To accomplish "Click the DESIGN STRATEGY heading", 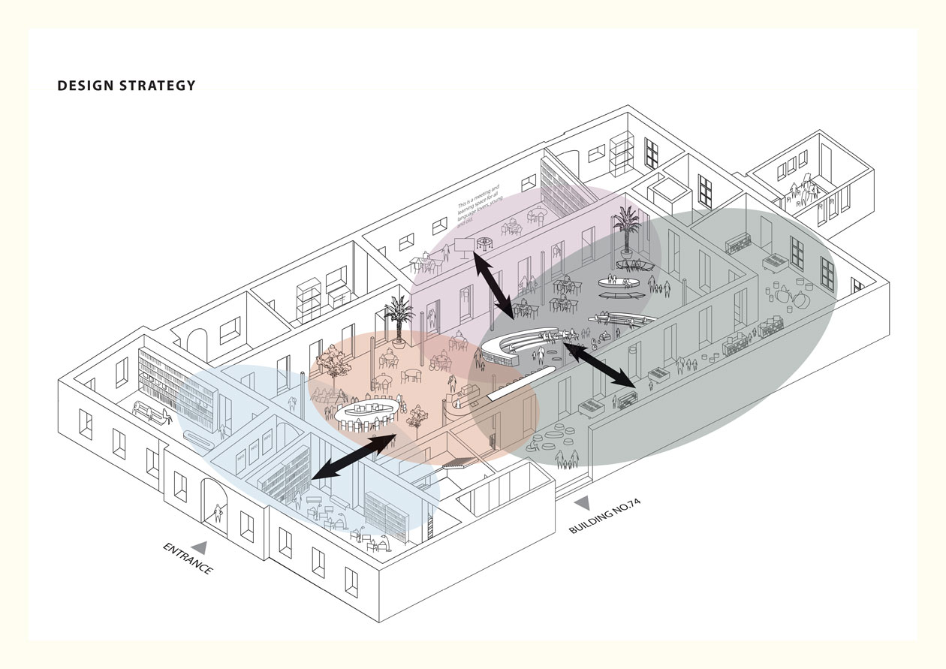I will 126,86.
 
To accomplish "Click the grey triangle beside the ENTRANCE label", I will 200,547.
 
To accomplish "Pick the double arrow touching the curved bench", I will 599,366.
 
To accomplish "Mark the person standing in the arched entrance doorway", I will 218,514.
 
